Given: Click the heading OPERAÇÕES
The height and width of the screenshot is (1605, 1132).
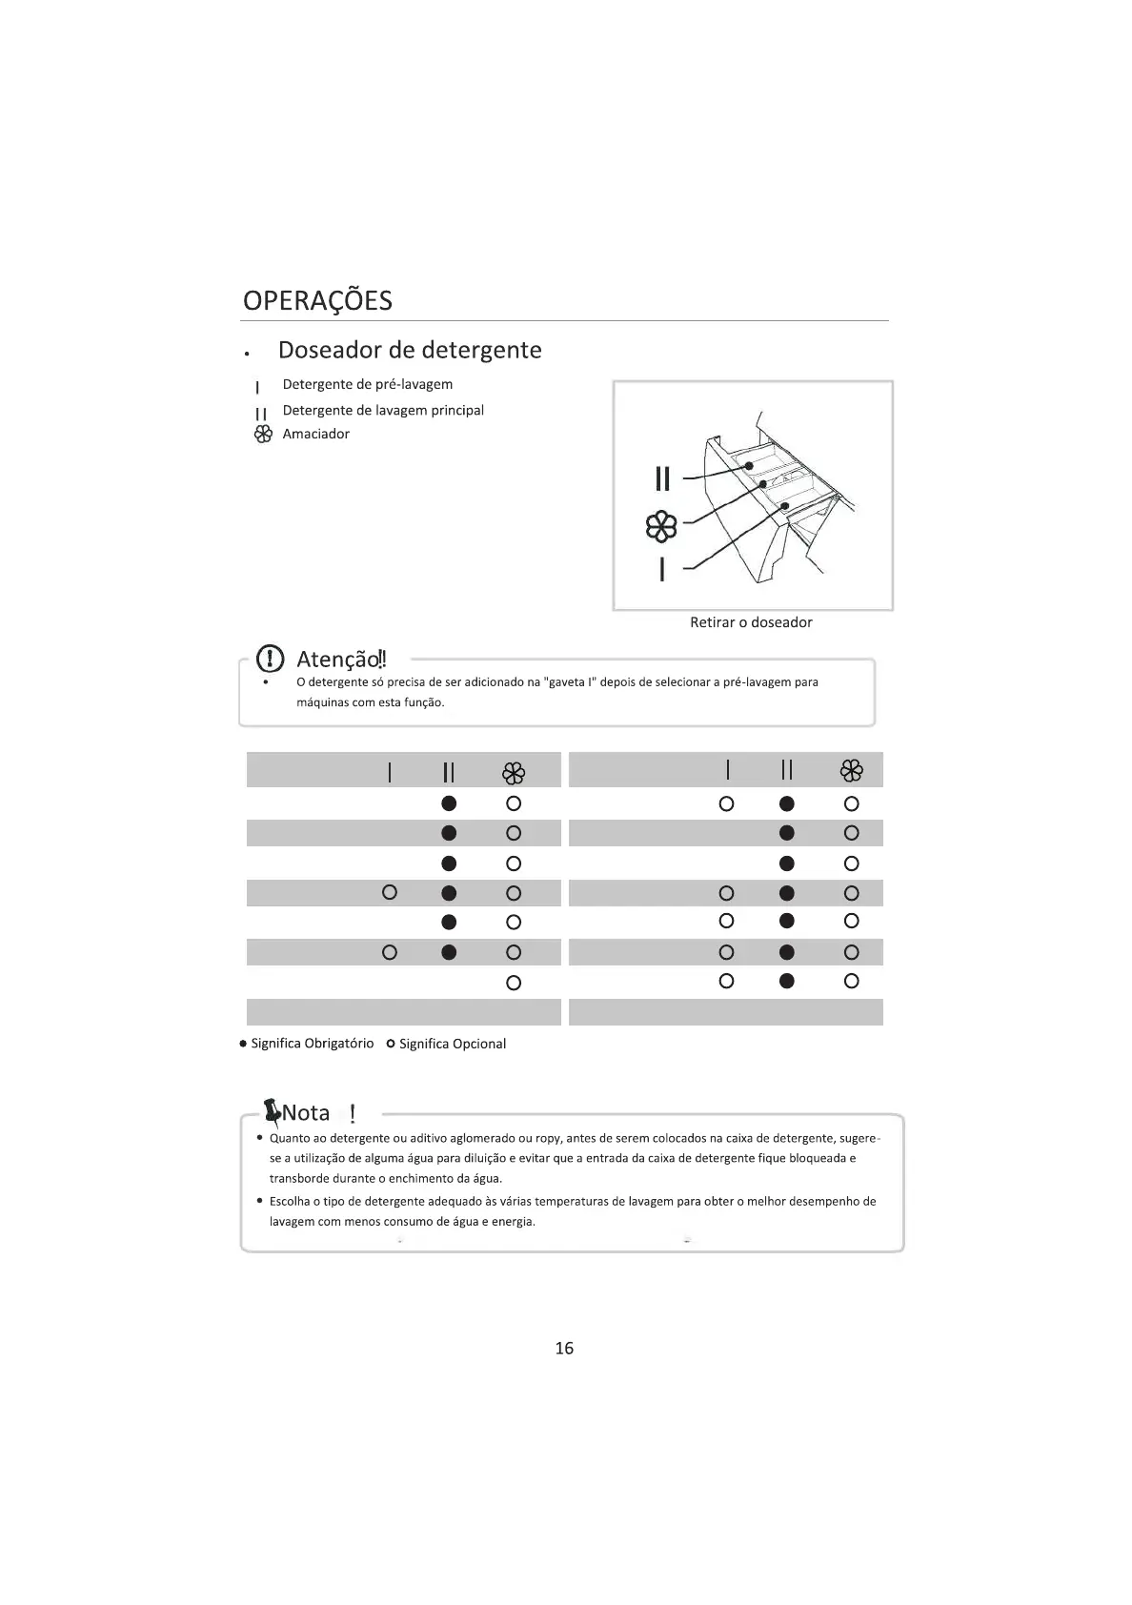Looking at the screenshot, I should pyautogui.click(x=317, y=300).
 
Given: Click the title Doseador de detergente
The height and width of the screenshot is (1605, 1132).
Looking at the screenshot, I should pyautogui.click(x=410, y=350).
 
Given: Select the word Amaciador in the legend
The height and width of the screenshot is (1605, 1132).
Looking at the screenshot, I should pyautogui.click(x=315, y=434).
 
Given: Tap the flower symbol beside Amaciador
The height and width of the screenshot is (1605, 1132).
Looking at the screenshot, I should pyautogui.click(x=263, y=435).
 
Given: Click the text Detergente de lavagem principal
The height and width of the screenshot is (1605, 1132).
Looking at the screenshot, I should pyautogui.click(x=383, y=410).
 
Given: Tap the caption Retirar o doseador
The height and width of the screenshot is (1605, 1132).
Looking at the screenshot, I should pyautogui.click(x=751, y=622).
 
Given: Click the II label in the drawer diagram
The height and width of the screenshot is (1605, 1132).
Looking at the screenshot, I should pyautogui.click(x=662, y=477).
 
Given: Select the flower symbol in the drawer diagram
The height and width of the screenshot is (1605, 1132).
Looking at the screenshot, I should pyautogui.click(x=661, y=526).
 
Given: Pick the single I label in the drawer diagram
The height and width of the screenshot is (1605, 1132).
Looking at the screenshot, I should pyautogui.click(x=662, y=569).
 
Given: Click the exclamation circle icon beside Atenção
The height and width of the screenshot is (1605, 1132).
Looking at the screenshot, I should pyautogui.click(x=272, y=658).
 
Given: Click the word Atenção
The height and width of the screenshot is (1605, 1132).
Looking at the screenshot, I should pyautogui.click(x=338, y=659).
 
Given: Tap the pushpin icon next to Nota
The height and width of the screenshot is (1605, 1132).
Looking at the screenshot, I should pyautogui.click(x=272, y=1111).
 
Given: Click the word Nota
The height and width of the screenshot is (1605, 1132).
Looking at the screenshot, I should pyautogui.click(x=306, y=1113).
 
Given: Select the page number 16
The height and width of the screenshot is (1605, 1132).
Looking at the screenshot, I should pyautogui.click(x=564, y=1348).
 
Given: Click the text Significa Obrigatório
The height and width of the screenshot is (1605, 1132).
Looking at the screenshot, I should pyautogui.click(x=312, y=1044).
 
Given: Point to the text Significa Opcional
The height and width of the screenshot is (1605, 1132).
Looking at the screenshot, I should pyautogui.click(x=452, y=1044).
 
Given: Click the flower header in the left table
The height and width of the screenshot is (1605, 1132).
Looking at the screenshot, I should pyautogui.click(x=514, y=772).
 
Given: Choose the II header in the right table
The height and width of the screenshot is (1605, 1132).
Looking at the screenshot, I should pyautogui.click(x=786, y=770).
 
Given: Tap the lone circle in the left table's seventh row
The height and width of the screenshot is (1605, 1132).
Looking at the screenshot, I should pyautogui.click(x=514, y=983).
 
